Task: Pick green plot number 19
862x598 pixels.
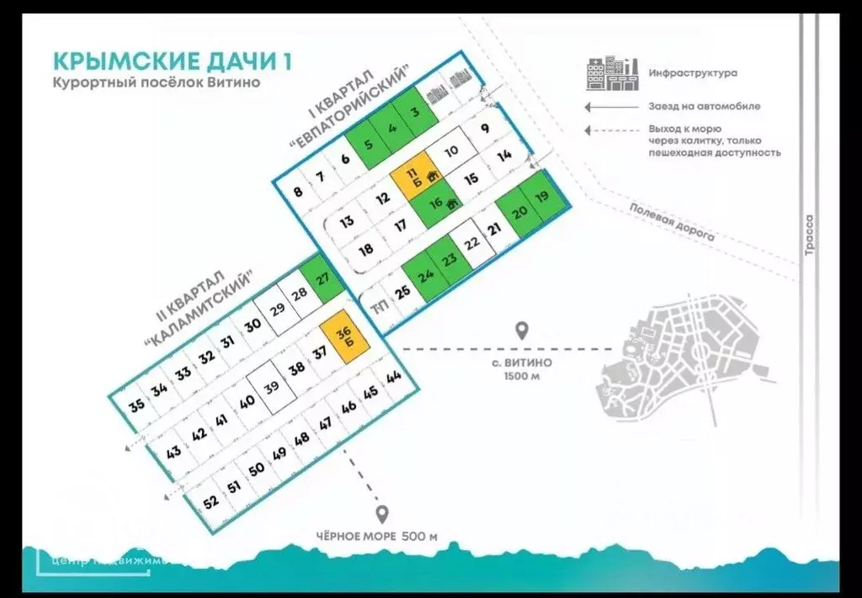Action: coord(541,197)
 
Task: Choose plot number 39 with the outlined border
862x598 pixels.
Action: coord(272,387)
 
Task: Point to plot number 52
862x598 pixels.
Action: coord(210,502)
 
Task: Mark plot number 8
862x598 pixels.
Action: coord(297,191)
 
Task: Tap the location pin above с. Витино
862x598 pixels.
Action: coord(522,331)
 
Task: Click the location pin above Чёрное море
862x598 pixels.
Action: coord(382,514)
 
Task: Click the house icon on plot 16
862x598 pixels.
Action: coord(451,203)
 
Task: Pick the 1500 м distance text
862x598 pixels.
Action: coord(522,376)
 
